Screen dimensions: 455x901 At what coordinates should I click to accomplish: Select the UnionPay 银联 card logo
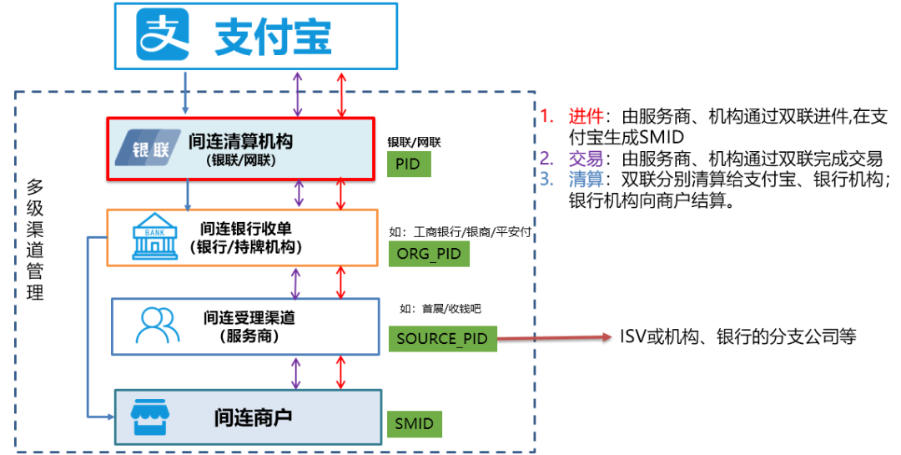148,149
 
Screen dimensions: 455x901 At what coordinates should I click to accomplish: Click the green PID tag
408,164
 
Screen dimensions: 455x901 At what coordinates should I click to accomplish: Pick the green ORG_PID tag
429,254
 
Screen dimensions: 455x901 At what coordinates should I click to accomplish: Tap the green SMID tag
415,423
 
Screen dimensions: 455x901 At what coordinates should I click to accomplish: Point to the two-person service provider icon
158,325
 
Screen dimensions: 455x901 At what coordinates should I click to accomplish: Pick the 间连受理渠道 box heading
249,317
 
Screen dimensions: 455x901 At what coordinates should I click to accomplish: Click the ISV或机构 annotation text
737,336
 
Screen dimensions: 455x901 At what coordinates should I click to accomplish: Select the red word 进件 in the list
584,118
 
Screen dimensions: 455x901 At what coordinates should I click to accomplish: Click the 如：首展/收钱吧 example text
440,308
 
